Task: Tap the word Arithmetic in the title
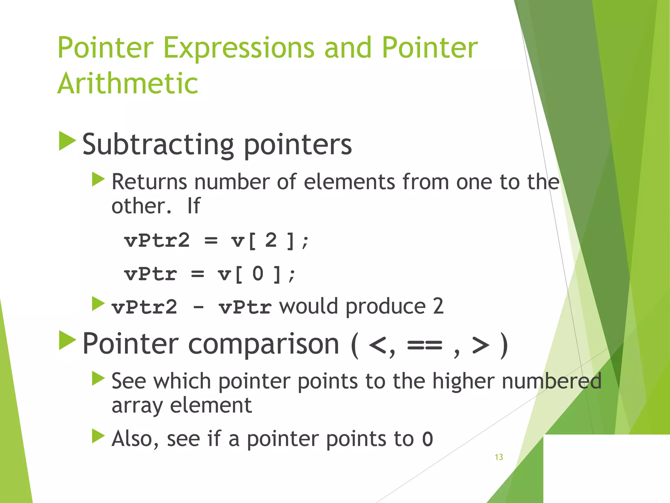128,84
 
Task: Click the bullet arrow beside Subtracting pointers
67,141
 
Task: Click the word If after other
194,206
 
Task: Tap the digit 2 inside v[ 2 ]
271,240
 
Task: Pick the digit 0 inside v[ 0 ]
258,274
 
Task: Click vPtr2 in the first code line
157,240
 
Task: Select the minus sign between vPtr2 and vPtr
198,307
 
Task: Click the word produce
386,307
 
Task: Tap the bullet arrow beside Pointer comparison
67,340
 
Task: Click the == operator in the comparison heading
425,345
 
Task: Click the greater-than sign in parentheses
481,345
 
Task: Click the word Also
135,439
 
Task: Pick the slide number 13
499,457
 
